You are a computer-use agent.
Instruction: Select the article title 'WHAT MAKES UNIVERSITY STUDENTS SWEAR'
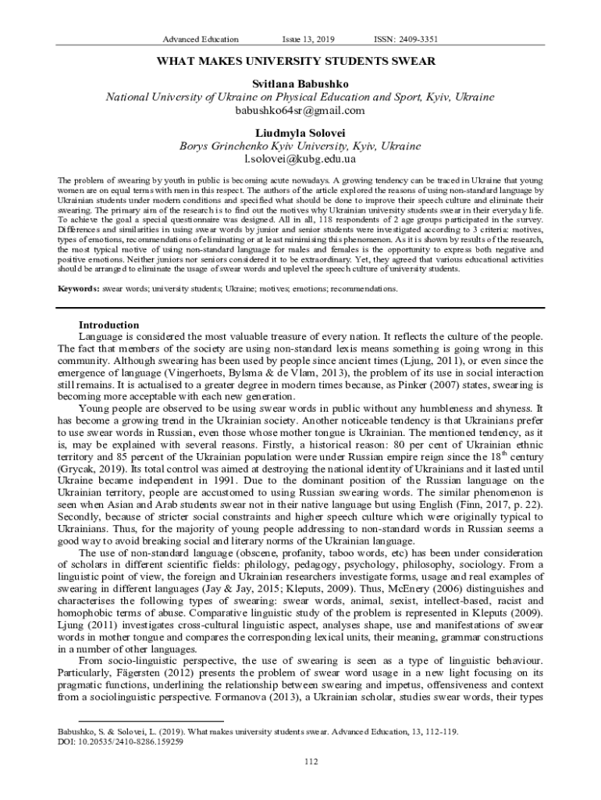click(x=300, y=61)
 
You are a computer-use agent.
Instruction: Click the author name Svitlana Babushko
click(x=300, y=83)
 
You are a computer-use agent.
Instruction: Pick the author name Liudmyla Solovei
click(x=300, y=131)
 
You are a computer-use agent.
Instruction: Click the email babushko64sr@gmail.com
click(x=300, y=110)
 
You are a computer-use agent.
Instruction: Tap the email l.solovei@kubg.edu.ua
click(x=300, y=159)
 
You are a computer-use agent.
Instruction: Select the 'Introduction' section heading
click(x=109, y=325)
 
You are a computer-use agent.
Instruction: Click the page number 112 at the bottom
click(x=300, y=761)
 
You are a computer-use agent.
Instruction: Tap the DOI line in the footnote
click(x=120, y=742)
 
